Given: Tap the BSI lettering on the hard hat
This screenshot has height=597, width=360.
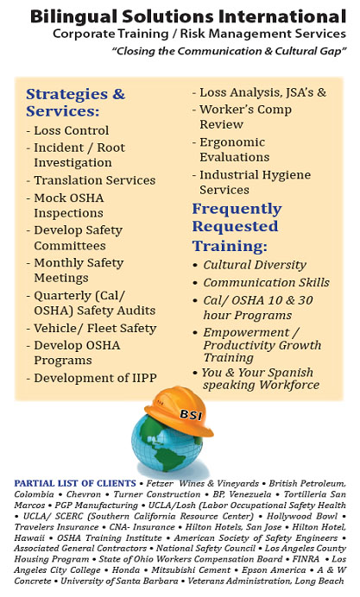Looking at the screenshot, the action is point(191,414).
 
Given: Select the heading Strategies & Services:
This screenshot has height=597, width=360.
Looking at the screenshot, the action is point(75,103).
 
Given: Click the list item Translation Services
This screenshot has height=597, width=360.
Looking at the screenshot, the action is point(95,180).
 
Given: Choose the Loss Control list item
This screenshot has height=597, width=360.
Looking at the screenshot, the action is point(72,130).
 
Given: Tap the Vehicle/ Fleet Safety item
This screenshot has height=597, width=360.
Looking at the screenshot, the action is point(95,328).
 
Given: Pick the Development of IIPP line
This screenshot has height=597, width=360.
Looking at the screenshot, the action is point(95,378).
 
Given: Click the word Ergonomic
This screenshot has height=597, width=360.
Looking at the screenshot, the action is point(232,142).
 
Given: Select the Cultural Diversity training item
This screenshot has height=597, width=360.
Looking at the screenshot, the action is point(255,265).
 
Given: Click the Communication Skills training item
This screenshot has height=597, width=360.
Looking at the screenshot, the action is point(266,282).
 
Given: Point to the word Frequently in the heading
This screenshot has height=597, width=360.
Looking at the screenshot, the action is point(237,209).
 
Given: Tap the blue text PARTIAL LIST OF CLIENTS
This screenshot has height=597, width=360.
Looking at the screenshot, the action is point(75,483).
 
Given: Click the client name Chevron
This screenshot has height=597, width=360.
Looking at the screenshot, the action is point(84,494).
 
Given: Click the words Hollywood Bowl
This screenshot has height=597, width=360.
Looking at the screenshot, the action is point(302,516).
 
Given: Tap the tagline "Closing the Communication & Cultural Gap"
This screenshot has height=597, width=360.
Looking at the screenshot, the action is point(229,51).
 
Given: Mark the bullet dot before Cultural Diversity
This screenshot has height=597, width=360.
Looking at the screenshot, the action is point(195,266).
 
